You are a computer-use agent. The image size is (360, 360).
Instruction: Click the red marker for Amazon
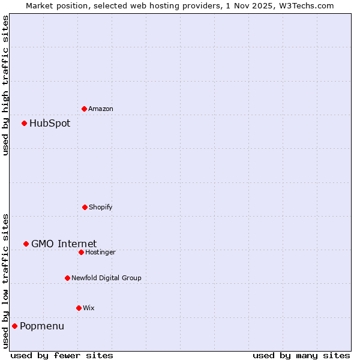coord(84,109)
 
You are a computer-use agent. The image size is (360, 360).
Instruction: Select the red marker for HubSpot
coord(25,123)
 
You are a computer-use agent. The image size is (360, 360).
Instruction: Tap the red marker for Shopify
coord(85,207)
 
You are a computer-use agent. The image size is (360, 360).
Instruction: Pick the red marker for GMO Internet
coord(26,244)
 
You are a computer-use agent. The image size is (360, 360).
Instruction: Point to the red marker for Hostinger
coord(81,252)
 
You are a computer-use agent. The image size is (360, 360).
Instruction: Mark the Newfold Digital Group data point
coord(67,278)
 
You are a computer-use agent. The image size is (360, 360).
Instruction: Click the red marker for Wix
coord(79,308)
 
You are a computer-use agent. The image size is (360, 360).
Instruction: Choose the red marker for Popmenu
coord(14,326)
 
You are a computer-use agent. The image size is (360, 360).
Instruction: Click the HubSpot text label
coord(50,124)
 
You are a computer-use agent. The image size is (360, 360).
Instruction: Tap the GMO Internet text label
coord(64,244)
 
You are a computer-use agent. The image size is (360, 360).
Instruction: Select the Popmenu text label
coord(42,326)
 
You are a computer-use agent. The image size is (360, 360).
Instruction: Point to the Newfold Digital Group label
coord(106,278)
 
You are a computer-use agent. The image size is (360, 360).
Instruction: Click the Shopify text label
coord(100,207)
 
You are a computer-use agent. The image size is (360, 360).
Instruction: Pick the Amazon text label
coord(100,109)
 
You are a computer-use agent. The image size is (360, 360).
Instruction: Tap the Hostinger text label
coord(100,252)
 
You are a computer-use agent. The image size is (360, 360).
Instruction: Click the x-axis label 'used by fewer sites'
coord(62,355)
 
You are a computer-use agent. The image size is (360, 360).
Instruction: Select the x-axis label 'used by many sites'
coord(301,355)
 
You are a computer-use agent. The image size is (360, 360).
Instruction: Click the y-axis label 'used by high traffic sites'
coord(5,85)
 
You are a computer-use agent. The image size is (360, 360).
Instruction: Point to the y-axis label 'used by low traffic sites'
coord(5,281)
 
